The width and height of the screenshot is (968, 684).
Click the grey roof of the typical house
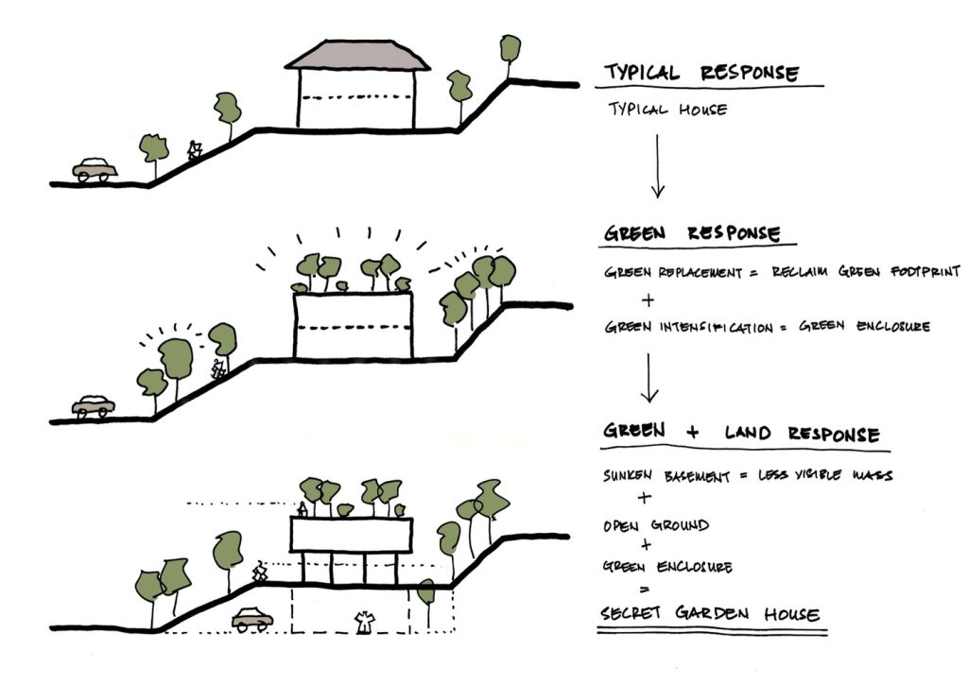(357, 55)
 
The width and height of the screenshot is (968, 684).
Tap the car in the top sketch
(95, 169)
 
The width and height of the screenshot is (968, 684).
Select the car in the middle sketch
(94, 406)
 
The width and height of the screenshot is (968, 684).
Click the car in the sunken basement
(252, 619)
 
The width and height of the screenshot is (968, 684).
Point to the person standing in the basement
(364, 623)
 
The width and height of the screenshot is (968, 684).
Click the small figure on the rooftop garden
(302, 509)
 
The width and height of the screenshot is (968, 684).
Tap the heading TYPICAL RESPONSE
(701, 73)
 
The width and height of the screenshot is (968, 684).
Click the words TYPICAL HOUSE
(668, 110)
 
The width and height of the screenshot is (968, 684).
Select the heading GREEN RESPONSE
(692, 233)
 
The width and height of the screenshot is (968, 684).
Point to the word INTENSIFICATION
(717, 327)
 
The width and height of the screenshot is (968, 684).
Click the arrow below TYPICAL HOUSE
(658, 166)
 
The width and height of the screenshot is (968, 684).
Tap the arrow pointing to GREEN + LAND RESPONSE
(648, 378)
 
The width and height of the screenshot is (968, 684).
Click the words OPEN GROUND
(656, 525)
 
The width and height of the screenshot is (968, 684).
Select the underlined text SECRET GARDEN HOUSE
(710, 614)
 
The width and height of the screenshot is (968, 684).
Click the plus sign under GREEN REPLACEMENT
(648, 300)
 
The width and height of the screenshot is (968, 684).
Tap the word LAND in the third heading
(749, 433)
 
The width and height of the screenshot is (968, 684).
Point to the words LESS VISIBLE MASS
(825, 475)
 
